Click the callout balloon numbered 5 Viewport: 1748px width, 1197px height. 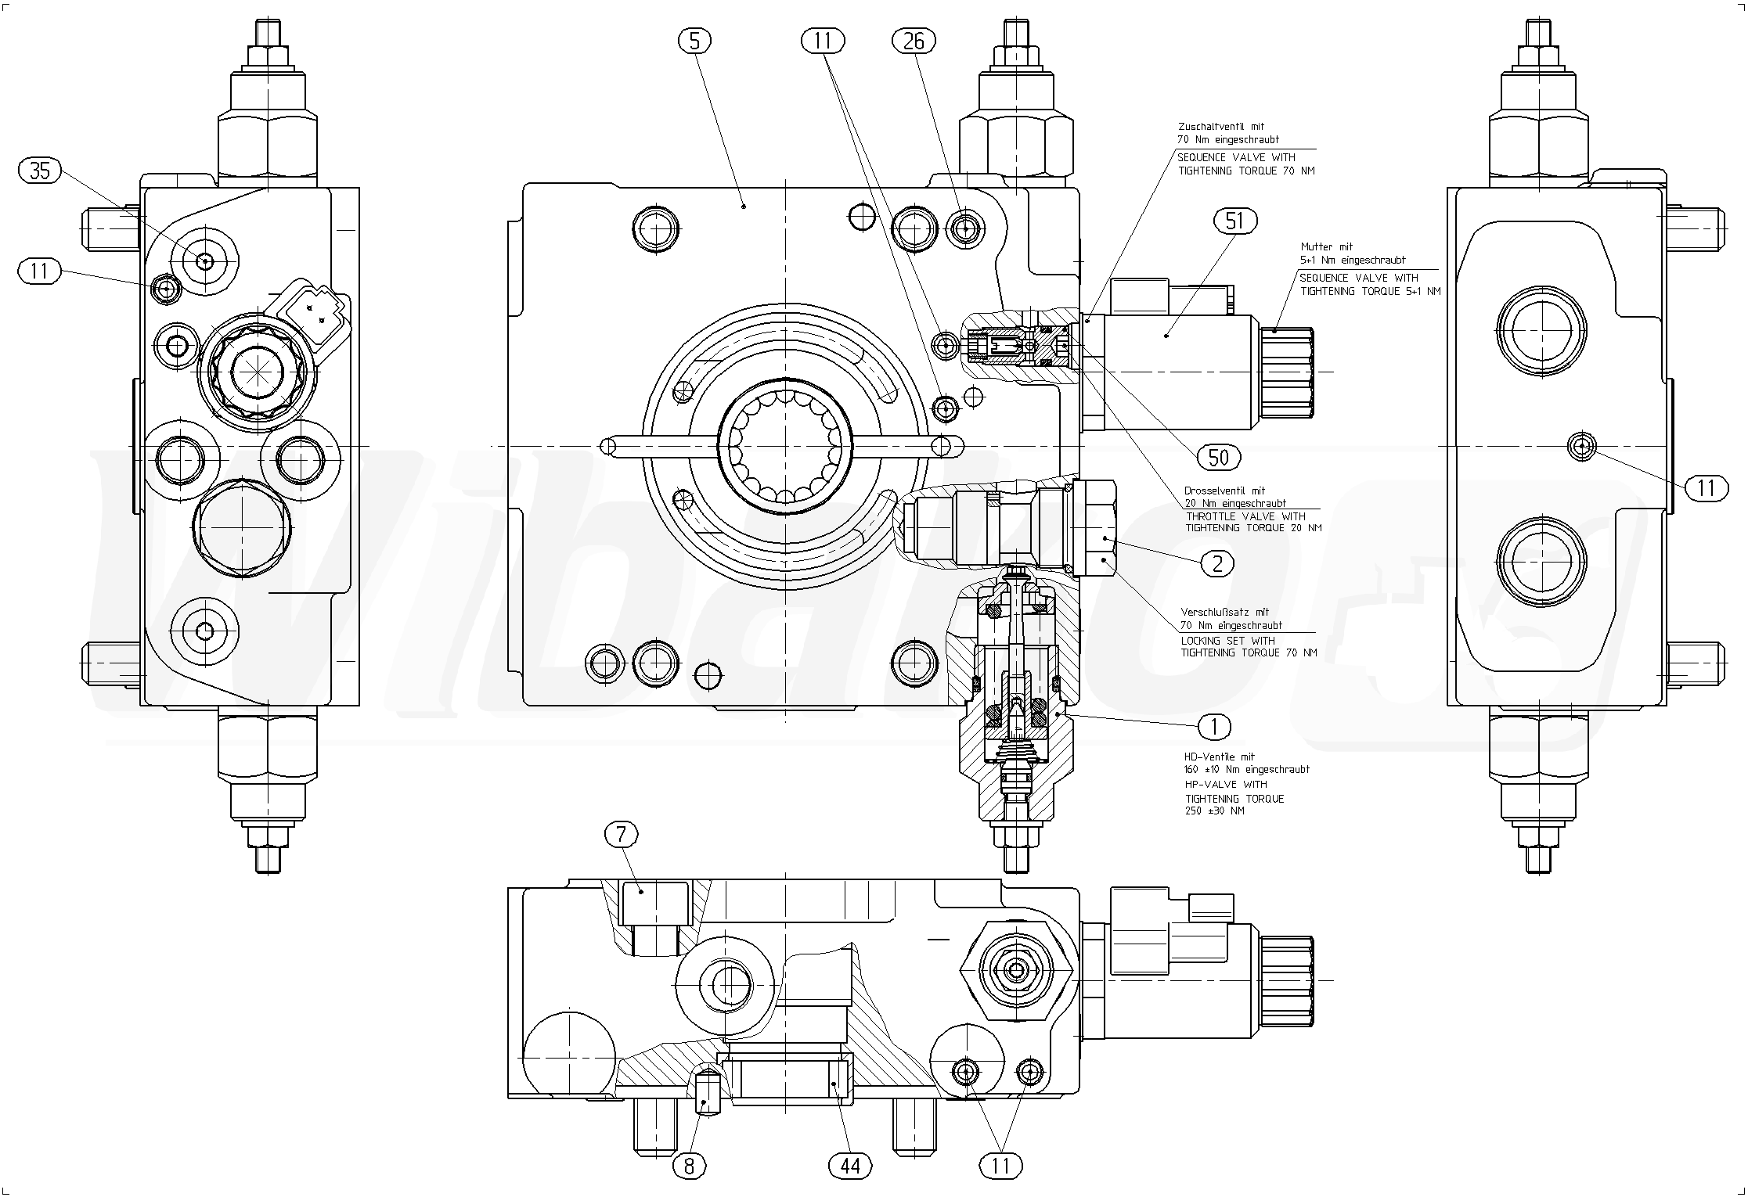click(x=695, y=41)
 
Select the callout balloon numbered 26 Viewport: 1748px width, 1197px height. click(x=914, y=41)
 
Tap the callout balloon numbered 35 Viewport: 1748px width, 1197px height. click(x=40, y=171)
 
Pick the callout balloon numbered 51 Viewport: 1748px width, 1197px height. click(x=1234, y=221)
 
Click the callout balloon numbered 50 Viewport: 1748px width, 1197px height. click(x=1219, y=457)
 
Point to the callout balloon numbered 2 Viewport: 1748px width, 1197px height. click(x=1216, y=563)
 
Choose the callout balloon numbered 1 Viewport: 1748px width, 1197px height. click(x=1214, y=727)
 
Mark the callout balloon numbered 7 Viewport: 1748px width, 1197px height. click(x=622, y=836)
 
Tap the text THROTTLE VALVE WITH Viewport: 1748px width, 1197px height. click(x=1245, y=516)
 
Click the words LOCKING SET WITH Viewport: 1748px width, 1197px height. click(x=1227, y=641)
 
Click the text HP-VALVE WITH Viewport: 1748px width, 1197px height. click(x=1225, y=784)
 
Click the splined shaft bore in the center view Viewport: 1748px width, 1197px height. click(x=784, y=447)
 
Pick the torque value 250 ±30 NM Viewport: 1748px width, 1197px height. click(x=1214, y=811)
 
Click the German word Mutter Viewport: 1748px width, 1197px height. click(x=1316, y=247)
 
